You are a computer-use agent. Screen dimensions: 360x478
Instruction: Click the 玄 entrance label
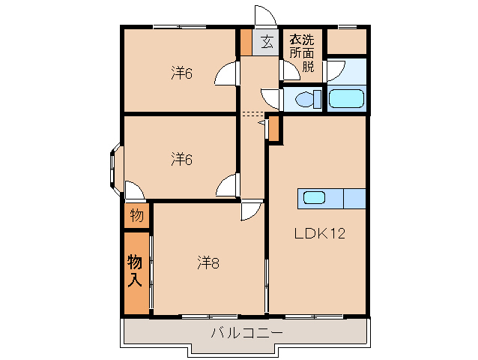coord(266,42)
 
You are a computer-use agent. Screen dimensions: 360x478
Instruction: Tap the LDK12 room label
coord(318,233)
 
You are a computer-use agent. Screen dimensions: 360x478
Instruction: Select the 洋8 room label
coord(208,262)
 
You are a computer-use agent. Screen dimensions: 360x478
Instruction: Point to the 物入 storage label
coord(135,271)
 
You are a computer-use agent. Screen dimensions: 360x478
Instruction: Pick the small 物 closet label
coord(136,216)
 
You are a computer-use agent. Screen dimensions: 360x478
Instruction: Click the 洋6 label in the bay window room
coord(182,159)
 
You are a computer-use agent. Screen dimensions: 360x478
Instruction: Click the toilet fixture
coord(307,98)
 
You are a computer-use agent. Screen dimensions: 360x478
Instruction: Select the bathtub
coord(346,99)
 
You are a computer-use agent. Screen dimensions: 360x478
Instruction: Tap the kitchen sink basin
coord(314,198)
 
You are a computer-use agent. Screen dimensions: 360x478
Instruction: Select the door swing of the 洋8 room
coord(250,211)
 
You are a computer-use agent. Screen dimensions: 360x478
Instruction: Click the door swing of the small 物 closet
coord(133,190)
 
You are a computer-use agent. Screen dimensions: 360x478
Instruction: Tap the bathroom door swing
coord(334,70)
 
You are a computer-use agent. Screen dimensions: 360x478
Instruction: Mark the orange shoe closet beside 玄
coord(246,42)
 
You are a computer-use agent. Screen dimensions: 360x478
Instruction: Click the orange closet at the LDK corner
coord(274,129)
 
